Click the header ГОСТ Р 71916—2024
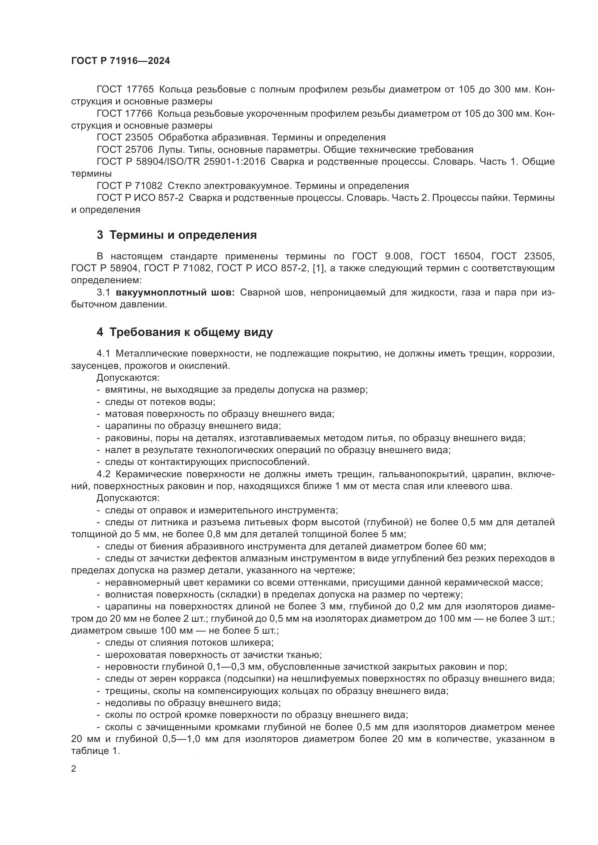120,61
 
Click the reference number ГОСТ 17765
125,90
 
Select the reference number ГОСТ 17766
125,114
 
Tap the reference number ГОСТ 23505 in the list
125,138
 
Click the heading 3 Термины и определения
177,235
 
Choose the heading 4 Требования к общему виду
185,332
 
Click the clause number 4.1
103,354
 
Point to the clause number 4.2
103,474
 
